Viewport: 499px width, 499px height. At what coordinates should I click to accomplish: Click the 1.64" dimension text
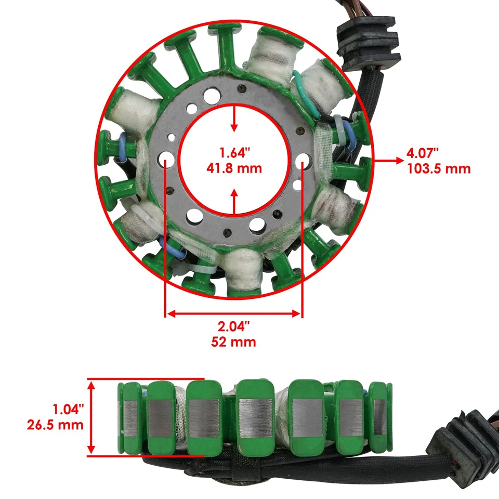[234, 153]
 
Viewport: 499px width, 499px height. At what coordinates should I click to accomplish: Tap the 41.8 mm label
[234, 168]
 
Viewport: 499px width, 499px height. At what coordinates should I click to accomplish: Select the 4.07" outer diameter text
[423, 153]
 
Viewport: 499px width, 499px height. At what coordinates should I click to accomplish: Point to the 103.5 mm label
[439, 168]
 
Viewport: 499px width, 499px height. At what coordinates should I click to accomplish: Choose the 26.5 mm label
[55, 425]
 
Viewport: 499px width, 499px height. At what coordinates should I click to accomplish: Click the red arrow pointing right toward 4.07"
[385, 161]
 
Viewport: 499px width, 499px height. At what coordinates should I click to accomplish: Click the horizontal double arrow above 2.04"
[233, 313]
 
